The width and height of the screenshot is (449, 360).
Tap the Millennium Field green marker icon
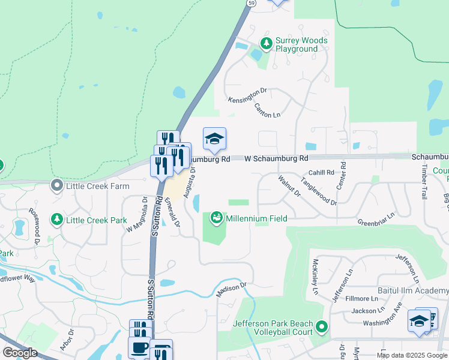click(x=216, y=218)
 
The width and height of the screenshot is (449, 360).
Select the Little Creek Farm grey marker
click(x=57, y=186)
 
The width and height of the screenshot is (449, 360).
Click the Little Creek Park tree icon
click(x=57, y=220)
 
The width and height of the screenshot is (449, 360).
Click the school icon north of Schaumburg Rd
click(x=214, y=139)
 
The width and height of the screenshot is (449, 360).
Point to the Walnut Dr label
click(x=289, y=185)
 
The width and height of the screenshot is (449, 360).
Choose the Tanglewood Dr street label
click(x=319, y=191)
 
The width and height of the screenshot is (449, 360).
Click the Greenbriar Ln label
click(x=376, y=218)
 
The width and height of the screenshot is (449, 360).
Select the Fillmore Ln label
click(x=365, y=298)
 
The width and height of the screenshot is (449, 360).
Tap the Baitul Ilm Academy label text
click(x=418, y=290)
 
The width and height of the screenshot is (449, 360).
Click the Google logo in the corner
click(x=20, y=353)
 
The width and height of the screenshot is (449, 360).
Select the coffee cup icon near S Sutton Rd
click(x=140, y=347)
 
